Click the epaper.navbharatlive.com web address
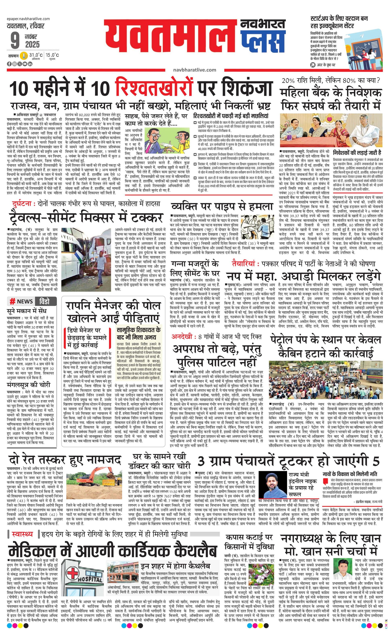point(29,19)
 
